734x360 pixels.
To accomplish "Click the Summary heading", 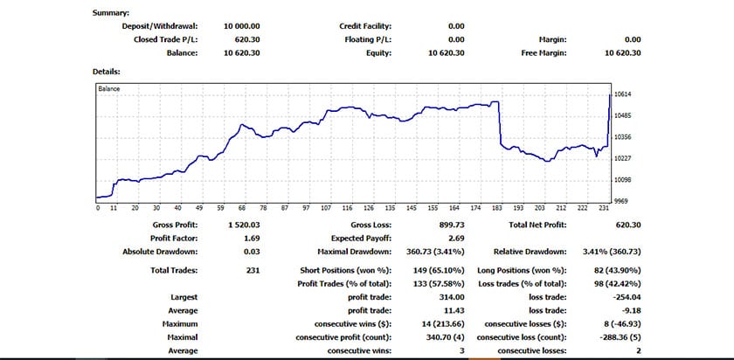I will click(x=110, y=13).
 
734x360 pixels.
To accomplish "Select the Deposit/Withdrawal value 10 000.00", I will click(x=242, y=26).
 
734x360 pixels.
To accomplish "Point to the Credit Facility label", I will click(x=365, y=26).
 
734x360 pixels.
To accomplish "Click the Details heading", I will click(x=106, y=71).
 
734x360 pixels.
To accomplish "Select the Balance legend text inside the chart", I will click(x=109, y=88).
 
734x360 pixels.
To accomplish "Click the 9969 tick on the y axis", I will click(x=623, y=200).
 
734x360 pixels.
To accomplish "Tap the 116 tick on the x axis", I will click(x=347, y=208).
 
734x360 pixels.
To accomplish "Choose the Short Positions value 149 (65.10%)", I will click(x=434, y=271).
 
